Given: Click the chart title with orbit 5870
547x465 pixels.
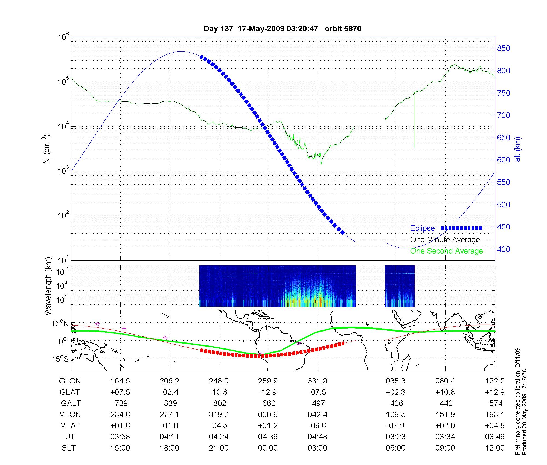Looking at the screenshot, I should pos(283,29).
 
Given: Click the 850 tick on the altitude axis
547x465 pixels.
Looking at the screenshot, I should pos(503,48).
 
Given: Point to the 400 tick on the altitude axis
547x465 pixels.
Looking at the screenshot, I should pos(503,249).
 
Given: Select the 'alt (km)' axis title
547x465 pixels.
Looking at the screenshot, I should pos(518,149).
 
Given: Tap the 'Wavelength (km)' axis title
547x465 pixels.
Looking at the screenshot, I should pos(48,286).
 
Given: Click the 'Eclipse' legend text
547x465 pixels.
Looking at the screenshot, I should pos(422,228).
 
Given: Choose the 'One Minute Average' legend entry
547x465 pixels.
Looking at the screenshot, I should pos(445,240).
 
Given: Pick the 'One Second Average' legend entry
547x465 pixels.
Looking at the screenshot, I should pos(446,251).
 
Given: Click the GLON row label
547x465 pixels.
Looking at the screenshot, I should pos(70,381).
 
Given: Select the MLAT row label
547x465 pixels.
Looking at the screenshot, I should pos(70,426).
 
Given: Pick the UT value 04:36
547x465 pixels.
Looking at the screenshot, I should pos(268,437).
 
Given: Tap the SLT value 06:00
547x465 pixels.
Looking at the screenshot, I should pos(395,448).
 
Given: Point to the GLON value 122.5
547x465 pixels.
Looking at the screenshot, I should pos(495,381).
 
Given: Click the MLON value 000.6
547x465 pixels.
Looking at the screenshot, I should pos(268,415).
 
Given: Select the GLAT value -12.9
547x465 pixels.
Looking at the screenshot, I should pos(268,392).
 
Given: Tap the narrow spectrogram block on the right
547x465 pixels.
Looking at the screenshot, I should pos(400,286).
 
